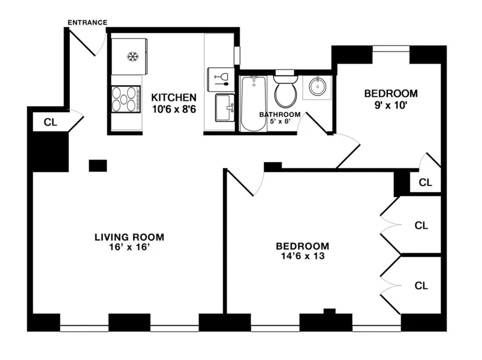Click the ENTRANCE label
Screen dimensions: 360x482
click(87, 23)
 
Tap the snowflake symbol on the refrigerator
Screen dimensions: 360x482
click(131, 57)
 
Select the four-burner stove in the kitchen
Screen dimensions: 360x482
click(125, 99)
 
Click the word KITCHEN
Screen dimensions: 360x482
click(173, 97)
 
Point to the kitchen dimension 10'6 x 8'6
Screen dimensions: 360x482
click(173, 109)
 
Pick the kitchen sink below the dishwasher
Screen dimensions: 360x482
click(225, 108)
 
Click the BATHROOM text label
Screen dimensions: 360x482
click(279, 115)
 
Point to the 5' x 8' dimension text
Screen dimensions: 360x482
click(279, 122)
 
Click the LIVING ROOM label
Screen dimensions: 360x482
click(129, 237)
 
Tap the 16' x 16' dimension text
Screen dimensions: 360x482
click(129, 248)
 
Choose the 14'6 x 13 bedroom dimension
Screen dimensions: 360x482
click(302, 257)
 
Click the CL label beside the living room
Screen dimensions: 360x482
click(50, 122)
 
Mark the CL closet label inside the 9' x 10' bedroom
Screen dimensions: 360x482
click(425, 182)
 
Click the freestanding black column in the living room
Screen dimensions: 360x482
click(97, 166)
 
